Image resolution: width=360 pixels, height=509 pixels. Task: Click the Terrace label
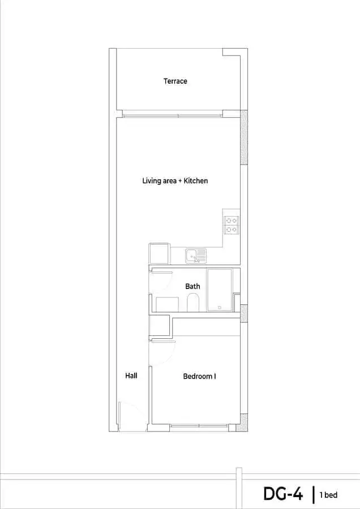pyautogui.click(x=175, y=81)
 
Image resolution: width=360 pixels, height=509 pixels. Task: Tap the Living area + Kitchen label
pyautogui.click(x=175, y=181)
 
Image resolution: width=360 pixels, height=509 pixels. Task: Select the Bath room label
pyautogui.click(x=192, y=286)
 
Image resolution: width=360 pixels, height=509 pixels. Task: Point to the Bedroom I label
pyautogui.click(x=199, y=376)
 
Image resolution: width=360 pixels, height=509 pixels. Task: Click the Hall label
pyautogui.click(x=131, y=376)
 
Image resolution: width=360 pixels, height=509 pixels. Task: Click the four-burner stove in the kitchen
pyautogui.click(x=232, y=225)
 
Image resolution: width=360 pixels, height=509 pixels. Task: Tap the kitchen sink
pyautogui.click(x=196, y=256)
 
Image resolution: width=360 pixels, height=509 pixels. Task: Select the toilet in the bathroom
pyautogui.click(x=193, y=303)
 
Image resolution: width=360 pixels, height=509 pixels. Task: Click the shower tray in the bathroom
pyautogui.click(x=220, y=290)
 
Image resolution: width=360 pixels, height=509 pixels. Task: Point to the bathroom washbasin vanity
pyautogui.click(x=167, y=304)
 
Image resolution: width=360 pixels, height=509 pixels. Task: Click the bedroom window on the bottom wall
pyautogui.click(x=199, y=425)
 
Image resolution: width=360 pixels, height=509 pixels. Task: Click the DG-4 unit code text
pyautogui.click(x=283, y=494)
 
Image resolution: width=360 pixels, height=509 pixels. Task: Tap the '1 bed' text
pyautogui.click(x=328, y=495)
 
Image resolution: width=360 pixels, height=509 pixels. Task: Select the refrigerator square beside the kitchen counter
pyautogui.click(x=159, y=253)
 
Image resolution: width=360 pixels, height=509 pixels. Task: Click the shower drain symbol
pyautogui.click(x=220, y=308)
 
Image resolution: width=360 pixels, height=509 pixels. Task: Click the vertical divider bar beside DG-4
pyautogui.click(x=314, y=494)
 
